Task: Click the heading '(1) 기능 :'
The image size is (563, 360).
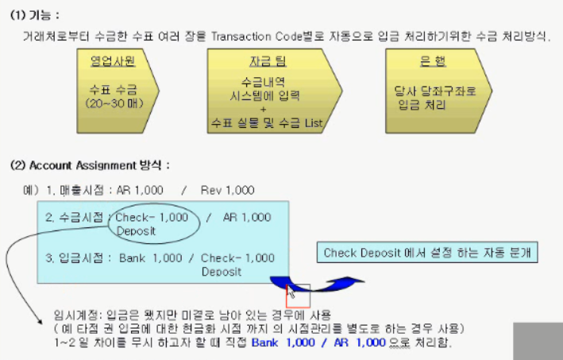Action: click(35, 15)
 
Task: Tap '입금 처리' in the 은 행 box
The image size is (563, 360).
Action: click(432, 103)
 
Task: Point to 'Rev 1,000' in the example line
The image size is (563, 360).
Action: click(229, 190)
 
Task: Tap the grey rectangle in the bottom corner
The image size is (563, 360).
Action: click(538, 341)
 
